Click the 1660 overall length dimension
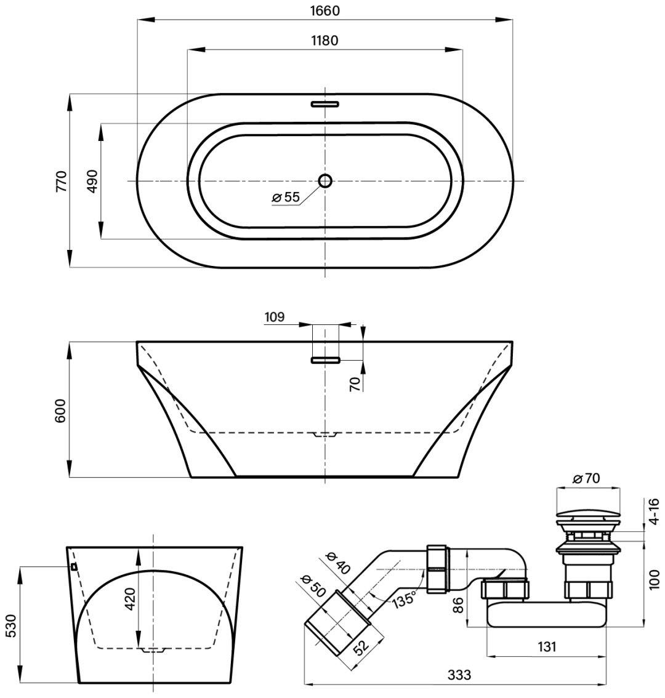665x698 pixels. coord(324,10)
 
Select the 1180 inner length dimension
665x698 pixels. coord(324,41)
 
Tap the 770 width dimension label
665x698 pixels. coord(61,181)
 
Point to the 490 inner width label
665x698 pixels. coord(92,181)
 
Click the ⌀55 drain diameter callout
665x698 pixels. coord(286,197)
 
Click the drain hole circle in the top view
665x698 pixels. coord(325,181)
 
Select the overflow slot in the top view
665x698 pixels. coord(325,104)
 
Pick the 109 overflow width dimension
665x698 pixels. coord(275,317)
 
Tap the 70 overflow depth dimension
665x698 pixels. coord(355,383)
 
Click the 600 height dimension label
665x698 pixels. coord(60,411)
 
